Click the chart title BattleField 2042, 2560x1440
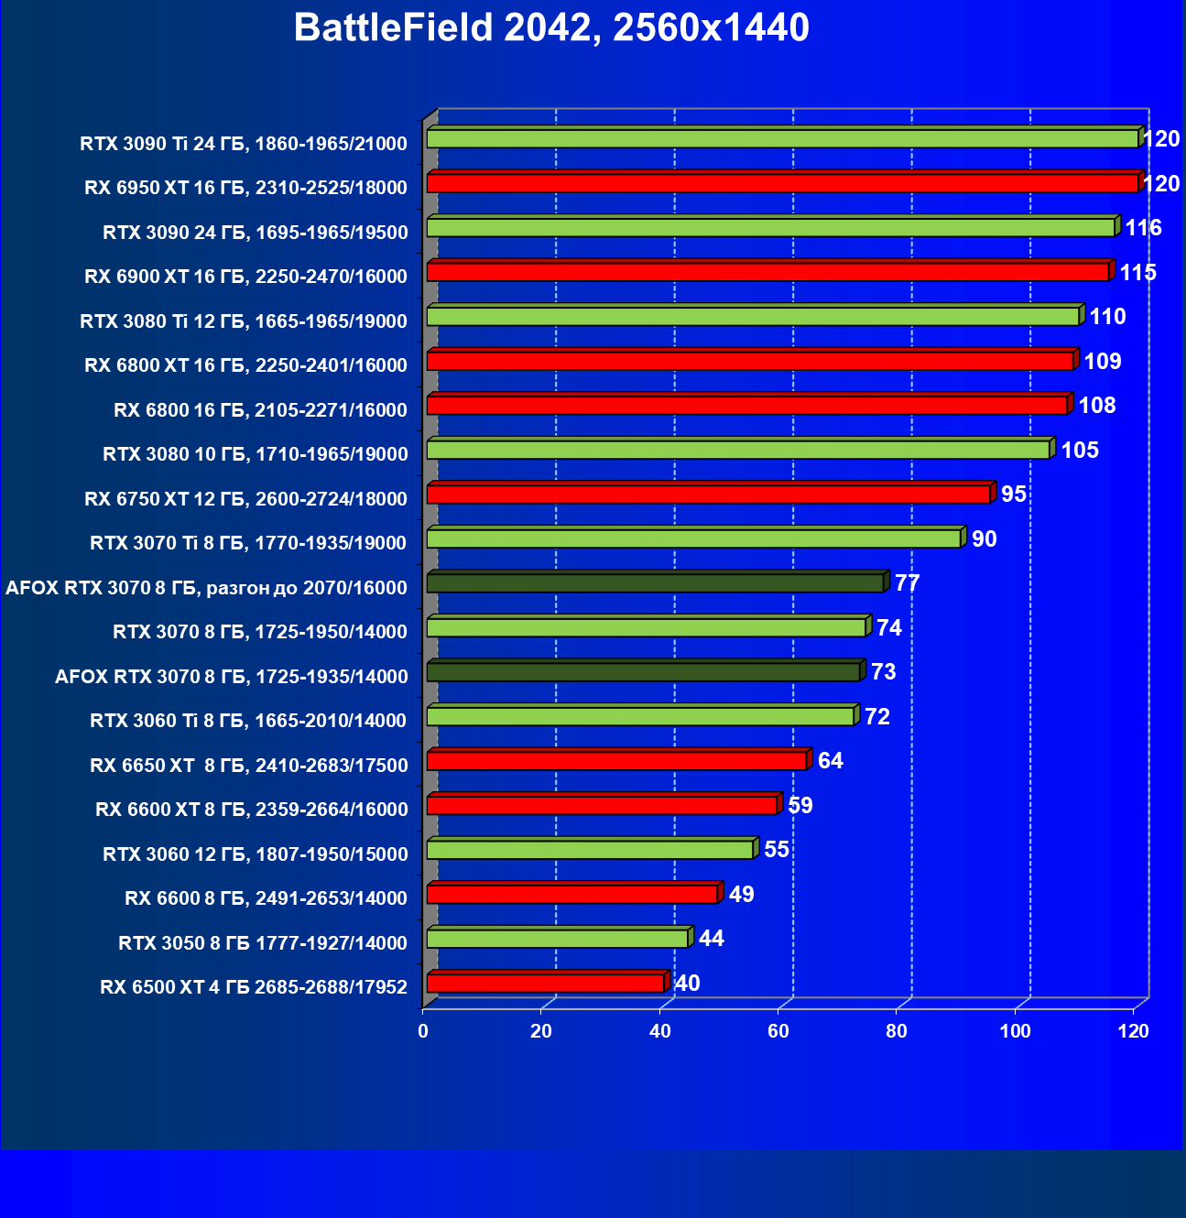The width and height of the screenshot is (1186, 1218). tap(551, 28)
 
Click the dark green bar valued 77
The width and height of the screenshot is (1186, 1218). tap(655, 583)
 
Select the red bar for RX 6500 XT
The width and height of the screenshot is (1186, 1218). tap(545, 984)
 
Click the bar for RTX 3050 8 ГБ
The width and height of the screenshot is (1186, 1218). tap(557, 939)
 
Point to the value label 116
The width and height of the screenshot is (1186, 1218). tap(1143, 228)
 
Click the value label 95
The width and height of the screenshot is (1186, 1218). tap(1014, 495)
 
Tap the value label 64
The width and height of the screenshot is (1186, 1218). tap(830, 761)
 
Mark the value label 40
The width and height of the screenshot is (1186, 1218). tap(687, 984)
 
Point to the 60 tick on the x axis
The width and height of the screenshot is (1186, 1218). tap(778, 1031)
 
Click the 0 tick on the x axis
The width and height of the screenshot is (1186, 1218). tap(423, 1031)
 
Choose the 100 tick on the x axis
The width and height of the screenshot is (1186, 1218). tap(1015, 1031)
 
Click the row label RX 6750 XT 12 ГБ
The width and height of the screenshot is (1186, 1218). tap(245, 499)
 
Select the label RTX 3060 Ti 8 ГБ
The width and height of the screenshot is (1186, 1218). tap(248, 721)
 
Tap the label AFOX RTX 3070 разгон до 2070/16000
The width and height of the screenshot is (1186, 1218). tap(206, 588)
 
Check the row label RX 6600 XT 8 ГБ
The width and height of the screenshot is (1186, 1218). tap(251, 810)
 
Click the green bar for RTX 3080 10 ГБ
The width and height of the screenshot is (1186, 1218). tap(737, 450)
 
